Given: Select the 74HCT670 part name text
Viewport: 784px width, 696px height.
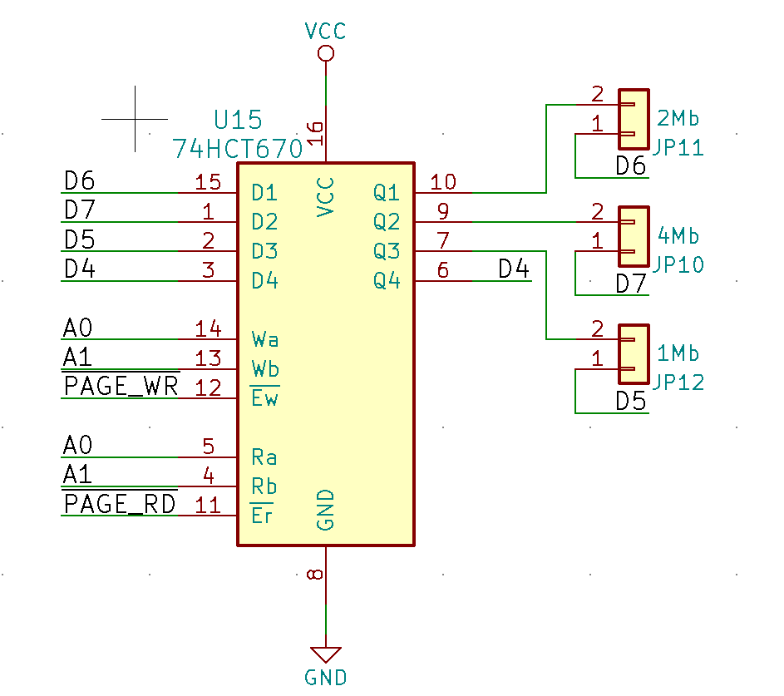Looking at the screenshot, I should (238, 149).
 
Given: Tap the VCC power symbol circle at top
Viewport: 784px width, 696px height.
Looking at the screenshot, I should (326, 54).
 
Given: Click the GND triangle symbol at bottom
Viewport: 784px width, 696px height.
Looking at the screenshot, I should (326, 654).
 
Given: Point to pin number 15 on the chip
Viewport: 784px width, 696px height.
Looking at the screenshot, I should (207, 181).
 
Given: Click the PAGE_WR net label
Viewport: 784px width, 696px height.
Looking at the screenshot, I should (121, 387).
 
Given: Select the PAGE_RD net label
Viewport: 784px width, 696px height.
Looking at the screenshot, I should (121, 504).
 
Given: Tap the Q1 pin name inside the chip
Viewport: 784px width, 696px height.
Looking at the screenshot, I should (387, 193).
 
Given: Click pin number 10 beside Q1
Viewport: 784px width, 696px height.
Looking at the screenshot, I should (443, 181).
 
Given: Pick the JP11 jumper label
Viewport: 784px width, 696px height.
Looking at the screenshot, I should (678, 148).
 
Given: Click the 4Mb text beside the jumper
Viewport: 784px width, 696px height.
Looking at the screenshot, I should (678, 235).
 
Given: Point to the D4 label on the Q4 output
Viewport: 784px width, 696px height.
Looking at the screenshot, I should (514, 269).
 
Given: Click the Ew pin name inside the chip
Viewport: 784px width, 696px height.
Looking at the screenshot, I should (264, 398).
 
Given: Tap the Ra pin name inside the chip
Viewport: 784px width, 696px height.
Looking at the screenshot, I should (264, 457).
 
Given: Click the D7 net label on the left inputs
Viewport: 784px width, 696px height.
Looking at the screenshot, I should (80, 210).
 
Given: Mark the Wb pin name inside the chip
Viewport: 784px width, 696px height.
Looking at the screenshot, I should (265, 368).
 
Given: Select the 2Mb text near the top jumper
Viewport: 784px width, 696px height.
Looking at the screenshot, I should (678, 117).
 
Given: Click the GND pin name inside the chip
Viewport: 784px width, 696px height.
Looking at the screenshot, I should (326, 510).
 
